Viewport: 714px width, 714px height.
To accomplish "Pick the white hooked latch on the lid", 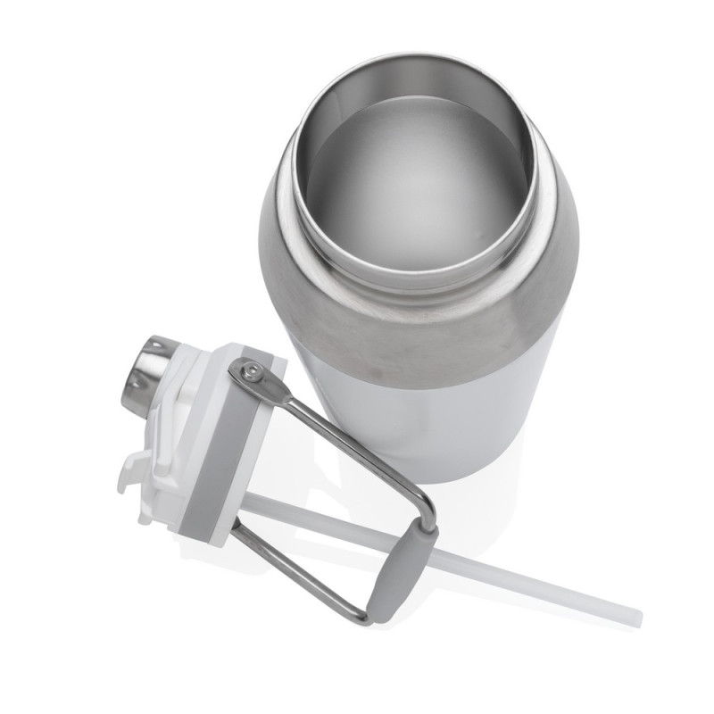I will tap(134, 473).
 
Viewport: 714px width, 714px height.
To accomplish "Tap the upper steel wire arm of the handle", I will tap(357, 446).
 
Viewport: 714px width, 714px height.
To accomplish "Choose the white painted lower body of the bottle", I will tap(464, 419).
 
